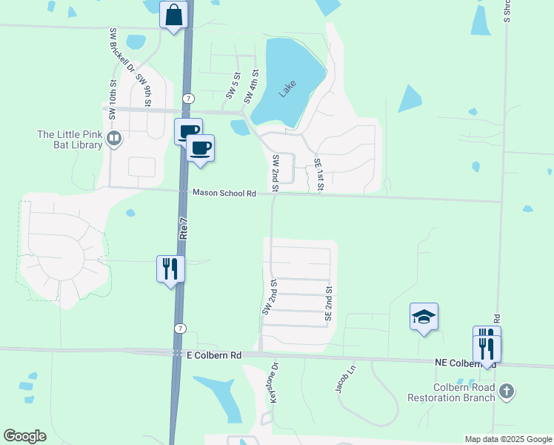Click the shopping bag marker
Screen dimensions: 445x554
pyautogui.click(x=173, y=16)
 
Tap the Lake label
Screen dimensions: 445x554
pyautogui.click(x=287, y=90)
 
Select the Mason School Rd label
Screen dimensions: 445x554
pyautogui.click(x=224, y=193)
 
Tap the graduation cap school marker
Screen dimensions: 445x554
pyautogui.click(x=424, y=317)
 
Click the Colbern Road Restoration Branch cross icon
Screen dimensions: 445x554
pyautogui.click(x=507, y=391)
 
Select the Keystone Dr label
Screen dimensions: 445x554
pyautogui.click(x=273, y=383)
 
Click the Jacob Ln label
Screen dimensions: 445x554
pyautogui.click(x=341, y=379)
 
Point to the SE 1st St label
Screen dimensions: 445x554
pyautogui.click(x=318, y=176)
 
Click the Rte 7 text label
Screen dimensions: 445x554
pyautogui.click(x=182, y=222)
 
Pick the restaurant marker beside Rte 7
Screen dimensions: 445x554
pyautogui.click(x=170, y=268)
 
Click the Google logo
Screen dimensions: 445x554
pyautogui.click(x=24, y=436)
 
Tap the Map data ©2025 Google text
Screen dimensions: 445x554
pyautogui.click(x=507, y=439)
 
